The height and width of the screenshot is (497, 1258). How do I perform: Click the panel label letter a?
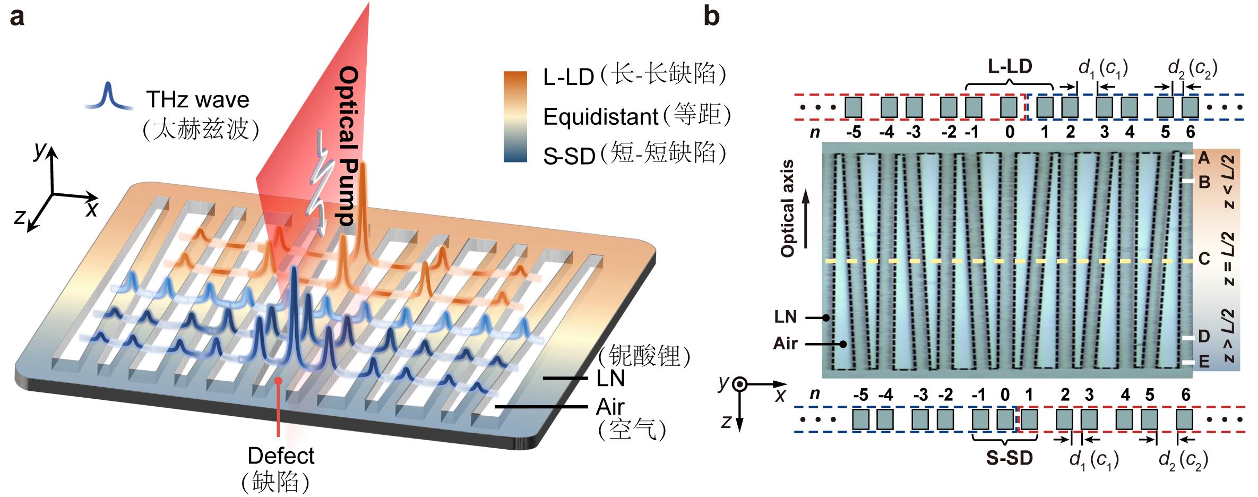[x=18, y=17]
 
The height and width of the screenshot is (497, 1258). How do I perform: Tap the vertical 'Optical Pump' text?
[x=349, y=145]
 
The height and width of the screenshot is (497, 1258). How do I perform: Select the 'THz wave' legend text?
[x=197, y=100]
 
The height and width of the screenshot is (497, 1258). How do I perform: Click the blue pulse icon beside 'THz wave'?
[x=108, y=97]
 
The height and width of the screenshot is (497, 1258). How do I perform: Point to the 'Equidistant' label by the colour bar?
[x=600, y=116]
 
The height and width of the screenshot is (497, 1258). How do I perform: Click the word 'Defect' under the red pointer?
[x=281, y=456]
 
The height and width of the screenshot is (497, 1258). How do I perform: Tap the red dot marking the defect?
[x=278, y=381]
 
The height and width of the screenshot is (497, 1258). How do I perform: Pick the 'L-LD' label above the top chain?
[x=1010, y=67]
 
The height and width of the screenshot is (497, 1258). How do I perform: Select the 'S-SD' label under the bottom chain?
[x=1009, y=458]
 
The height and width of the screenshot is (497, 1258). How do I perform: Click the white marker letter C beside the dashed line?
[x=1204, y=260]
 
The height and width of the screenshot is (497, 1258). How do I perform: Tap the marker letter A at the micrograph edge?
[x=1204, y=158]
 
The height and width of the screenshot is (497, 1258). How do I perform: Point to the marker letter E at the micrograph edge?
[x=1204, y=363]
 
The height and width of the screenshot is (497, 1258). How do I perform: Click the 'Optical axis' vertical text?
[x=788, y=209]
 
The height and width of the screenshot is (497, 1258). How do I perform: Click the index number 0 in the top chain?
[x=1009, y=132]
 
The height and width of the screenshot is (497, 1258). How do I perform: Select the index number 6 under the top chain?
[x=1191, y=132]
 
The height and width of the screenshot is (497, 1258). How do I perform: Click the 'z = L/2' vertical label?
[x=1230, y=260]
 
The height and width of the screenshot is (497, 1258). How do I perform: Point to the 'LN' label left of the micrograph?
[x=786, y=317]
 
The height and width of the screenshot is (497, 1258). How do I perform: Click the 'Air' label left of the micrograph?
[x=786, y=344]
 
